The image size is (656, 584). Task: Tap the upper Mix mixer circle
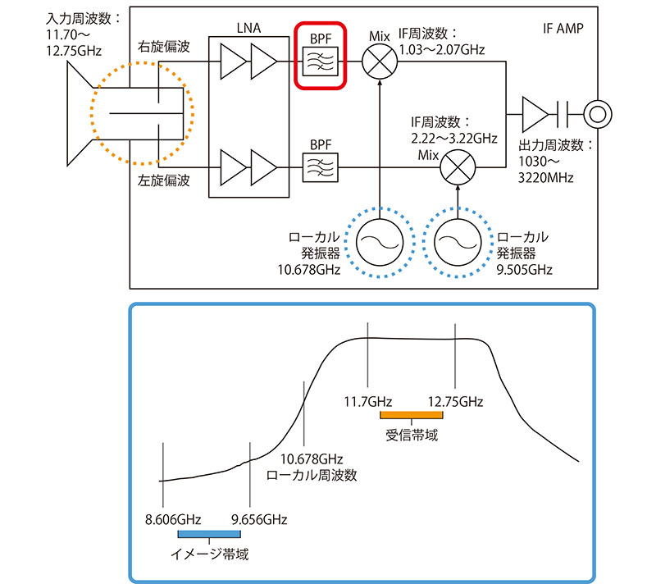[380, 61]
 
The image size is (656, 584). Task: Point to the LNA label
[249, 28]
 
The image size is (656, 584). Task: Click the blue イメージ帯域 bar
[208, 536]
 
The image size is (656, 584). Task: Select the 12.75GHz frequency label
[456, 401]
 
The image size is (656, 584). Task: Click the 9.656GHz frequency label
[259, 519]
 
